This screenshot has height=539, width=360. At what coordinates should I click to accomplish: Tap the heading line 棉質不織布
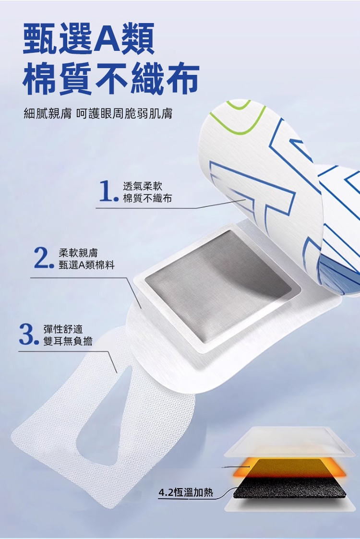[x=111, y=78]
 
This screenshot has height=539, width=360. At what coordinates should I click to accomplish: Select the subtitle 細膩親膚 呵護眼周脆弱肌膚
[x=98, y=113]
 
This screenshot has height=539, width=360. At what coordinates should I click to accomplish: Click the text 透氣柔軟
[x=143, y=186]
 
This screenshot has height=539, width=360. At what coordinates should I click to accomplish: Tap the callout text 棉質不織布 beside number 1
[x=147, y=198]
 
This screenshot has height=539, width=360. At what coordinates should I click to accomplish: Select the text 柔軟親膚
[x=78, y=253]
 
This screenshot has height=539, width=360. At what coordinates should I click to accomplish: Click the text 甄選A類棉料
[x=86, y=265]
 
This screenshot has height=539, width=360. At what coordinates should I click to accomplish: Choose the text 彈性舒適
[x=63, y=329]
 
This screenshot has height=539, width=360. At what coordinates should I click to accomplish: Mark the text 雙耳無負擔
[x=68, y=341]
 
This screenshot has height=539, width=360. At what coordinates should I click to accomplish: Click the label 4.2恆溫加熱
[x=186, y=492]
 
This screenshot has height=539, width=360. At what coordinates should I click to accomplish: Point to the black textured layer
[x=289, y=488]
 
